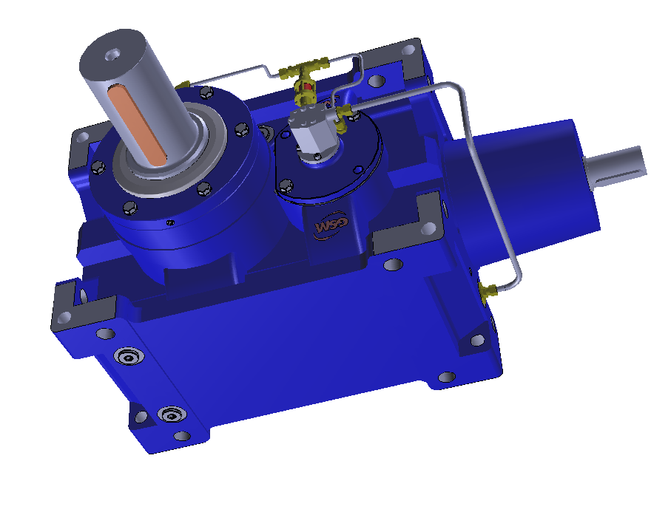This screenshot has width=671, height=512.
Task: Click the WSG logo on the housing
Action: point(326,228)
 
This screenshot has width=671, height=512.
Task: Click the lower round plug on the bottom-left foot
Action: point(172,414)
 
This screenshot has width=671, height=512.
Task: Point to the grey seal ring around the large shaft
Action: point(163,177)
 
